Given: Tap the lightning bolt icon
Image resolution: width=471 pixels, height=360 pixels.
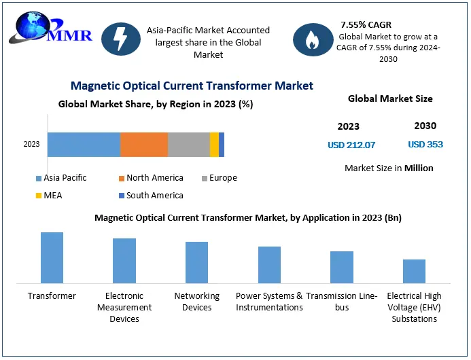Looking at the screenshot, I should [x=120, y=39].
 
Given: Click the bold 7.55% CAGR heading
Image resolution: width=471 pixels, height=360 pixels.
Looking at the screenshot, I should [x=366, y=24].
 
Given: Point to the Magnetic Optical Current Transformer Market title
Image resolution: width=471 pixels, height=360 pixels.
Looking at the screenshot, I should [x=192, y=86].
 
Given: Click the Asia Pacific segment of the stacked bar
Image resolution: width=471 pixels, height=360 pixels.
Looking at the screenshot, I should [x=84, y=145].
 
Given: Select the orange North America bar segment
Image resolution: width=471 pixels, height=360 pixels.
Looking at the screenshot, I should [x=144, y=145].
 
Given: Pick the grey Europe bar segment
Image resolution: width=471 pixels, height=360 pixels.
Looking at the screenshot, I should [x=189, y=145].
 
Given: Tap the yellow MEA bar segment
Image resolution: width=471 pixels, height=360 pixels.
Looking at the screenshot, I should [x=214, y=145].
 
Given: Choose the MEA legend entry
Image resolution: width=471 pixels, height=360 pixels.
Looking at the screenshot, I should [x=52, y=196].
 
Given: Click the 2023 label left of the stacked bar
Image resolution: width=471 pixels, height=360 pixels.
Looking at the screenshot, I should [x=31, y=144].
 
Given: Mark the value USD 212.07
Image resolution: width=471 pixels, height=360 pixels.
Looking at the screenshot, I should [x=351, y=145].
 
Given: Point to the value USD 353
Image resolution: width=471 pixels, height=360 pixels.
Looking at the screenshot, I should [x=425, y=145].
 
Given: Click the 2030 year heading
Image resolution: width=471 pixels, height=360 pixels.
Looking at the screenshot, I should [x=425, y=126].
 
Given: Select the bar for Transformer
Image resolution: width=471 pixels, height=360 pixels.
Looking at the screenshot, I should [x=52, y=257].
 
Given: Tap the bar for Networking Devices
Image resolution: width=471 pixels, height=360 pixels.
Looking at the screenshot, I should [x=196, y=262].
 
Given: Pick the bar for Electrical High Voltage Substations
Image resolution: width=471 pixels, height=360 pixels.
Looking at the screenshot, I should [x=414, y=271].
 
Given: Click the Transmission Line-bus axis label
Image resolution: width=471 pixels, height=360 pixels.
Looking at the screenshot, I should [x=341, y=302].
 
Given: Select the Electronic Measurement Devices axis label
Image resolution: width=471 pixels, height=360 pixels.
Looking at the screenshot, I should [x=124, y=307].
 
